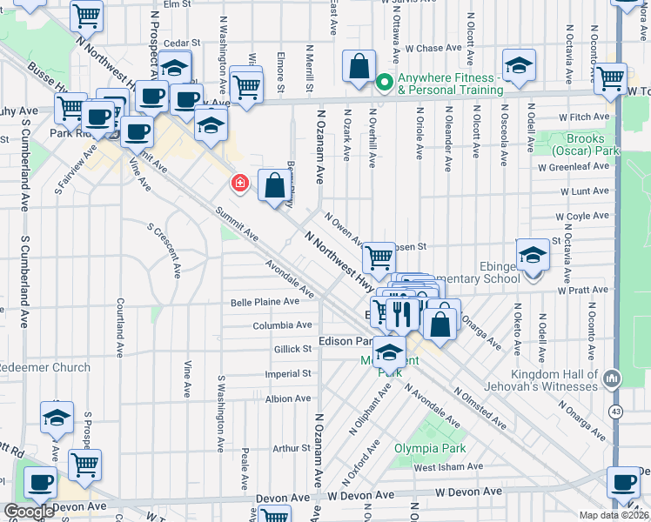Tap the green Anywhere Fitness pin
click(384, 83)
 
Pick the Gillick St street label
click(293, 349)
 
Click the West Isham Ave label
click(446, 467)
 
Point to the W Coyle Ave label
click(588, 217)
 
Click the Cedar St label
click(182, 42)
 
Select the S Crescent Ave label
click(164, 250)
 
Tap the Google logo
click(29, 512)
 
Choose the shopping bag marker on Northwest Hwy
click(274, 184)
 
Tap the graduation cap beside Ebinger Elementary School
click(532, 256)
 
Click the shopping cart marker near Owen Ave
click(378, 258)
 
